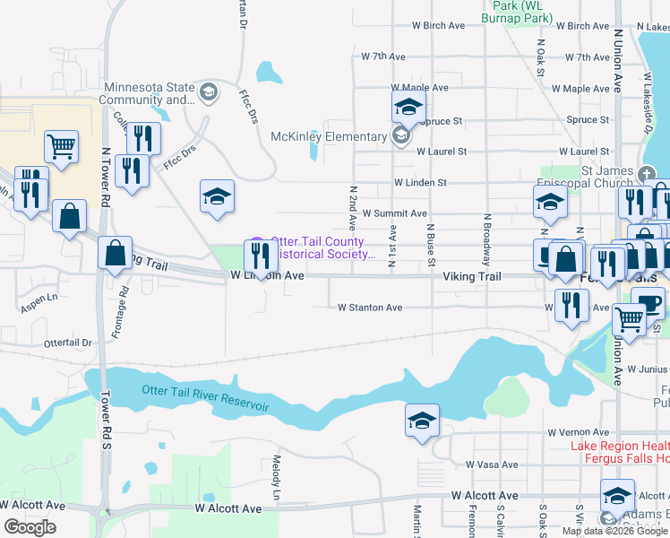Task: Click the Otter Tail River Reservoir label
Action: (206, 396)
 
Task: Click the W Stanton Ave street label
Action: (370, 308)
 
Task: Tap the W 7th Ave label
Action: (383, 56)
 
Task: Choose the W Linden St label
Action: (419, 183)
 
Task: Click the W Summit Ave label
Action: (395, 213)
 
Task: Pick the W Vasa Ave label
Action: (492, 464)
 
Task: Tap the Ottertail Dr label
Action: (68, 343)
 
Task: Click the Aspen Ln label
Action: (39, 304)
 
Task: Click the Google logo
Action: (30, 527)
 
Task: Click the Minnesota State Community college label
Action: (149, 93)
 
